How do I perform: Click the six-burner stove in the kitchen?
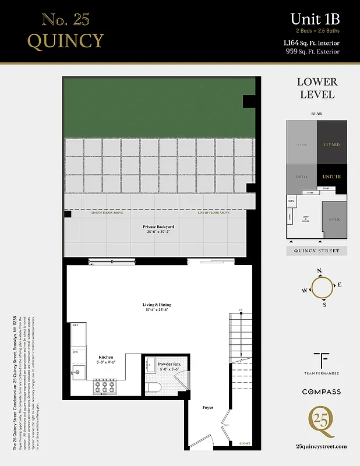point(104,385)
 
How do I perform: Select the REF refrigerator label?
point(75,326)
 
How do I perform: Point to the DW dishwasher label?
point(75,352)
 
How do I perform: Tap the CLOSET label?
point(245,443)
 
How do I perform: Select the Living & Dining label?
point(157,305)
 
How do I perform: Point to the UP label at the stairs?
point(239,309)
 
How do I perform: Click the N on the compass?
point(319,271)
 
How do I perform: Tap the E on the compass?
point(340,285)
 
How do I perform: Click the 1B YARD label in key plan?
point(331,144)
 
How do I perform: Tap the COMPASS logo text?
point(321,392)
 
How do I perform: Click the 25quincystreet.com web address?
point(321,446)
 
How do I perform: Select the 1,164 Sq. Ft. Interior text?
point(312,43)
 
